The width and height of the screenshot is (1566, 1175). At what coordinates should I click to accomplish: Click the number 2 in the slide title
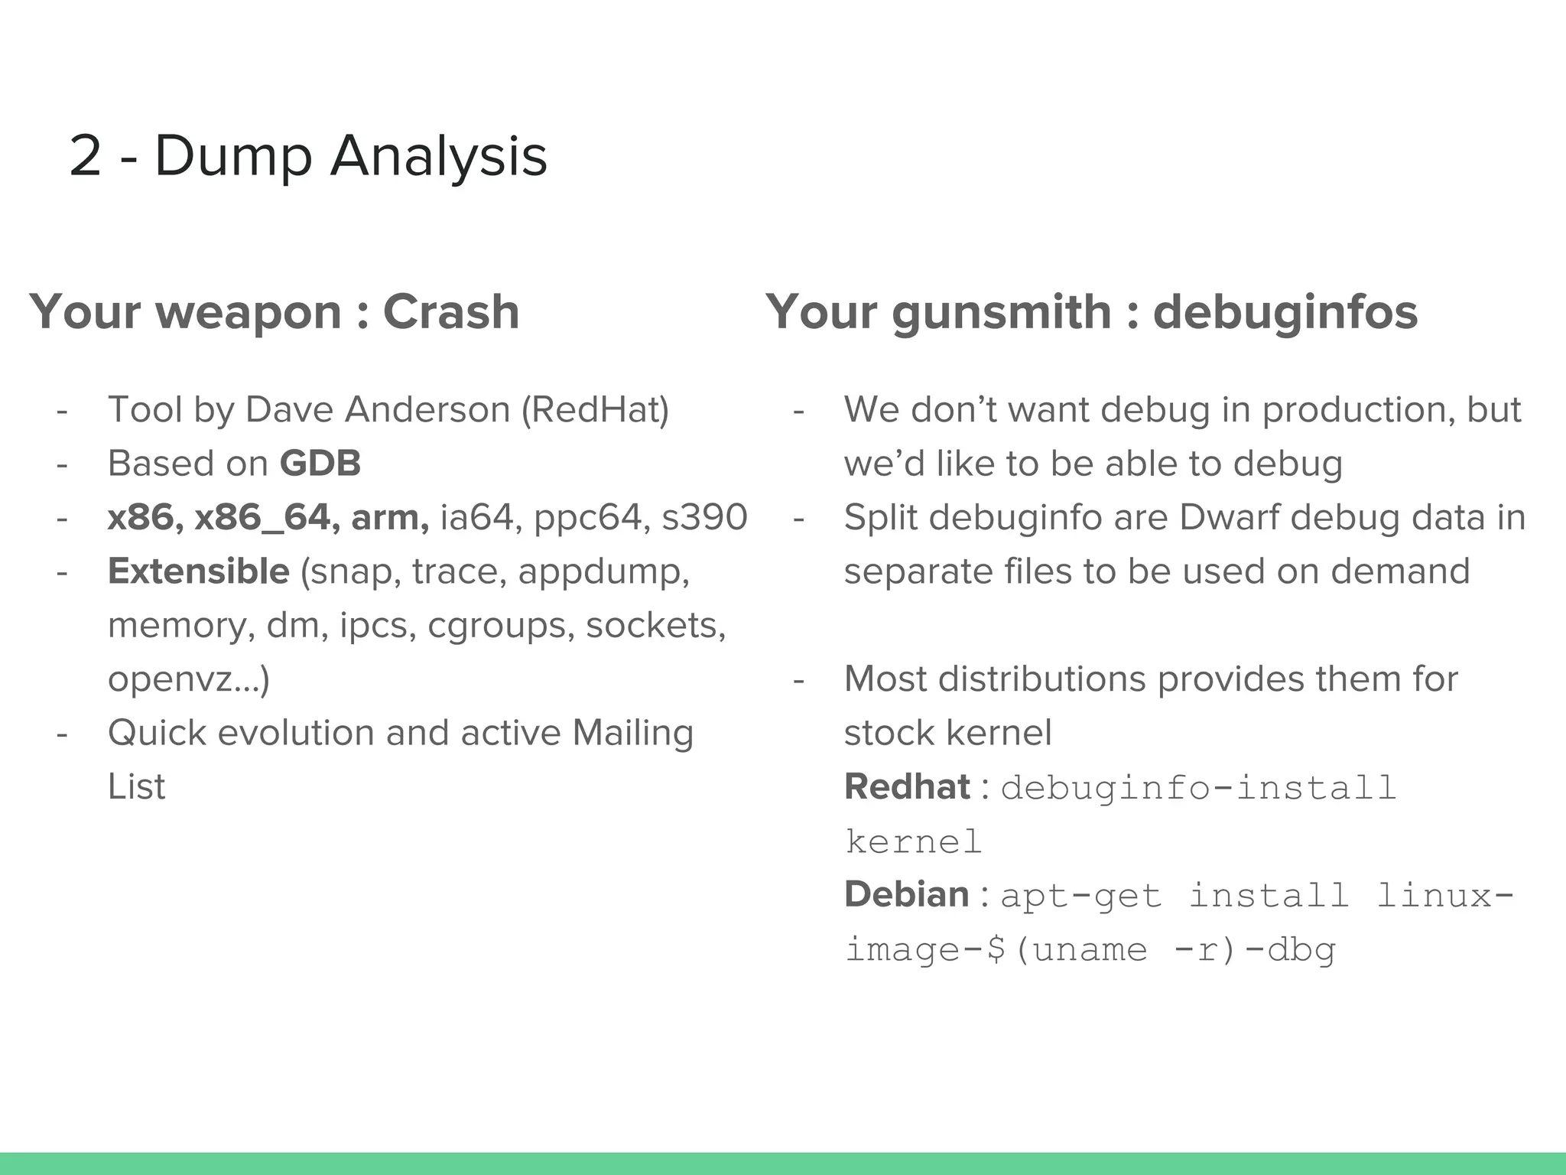pyautogui.click(x=86, y=156)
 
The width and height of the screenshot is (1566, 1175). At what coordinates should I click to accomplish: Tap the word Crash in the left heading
pyautogui.click(x=451, y=312)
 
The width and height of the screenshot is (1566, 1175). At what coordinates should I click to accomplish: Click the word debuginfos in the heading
pyautogui.click(x=1285, y=312)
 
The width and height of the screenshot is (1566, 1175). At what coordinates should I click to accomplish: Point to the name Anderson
pyautogui.click(x=427, y=409)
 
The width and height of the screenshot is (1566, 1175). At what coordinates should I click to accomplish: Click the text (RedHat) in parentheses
pyautogui.click(x=595, y=409)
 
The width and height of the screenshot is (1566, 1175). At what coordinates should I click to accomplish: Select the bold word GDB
pyautogui.click(x=320, y=464)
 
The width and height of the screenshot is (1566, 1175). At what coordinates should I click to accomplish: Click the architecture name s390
pyautogui.click(x=704, y=518)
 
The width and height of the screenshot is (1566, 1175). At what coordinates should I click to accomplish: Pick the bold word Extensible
pyautogui.click(x=199, y=571)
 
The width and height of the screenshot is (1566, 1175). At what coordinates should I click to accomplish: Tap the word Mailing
pyautogui.click(x=632, y=733)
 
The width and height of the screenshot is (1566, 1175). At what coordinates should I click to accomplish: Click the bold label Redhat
pyautogui.click(x=907, y=787)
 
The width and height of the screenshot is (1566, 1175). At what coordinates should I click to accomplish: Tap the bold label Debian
pyautogui.click(x=907, y=894)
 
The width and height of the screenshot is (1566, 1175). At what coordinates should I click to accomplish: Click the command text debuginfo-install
pyautogui.click(x=1198, y=788)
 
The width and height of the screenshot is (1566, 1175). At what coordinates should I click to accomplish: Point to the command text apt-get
pyautogui.click(x=1080, y=896)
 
